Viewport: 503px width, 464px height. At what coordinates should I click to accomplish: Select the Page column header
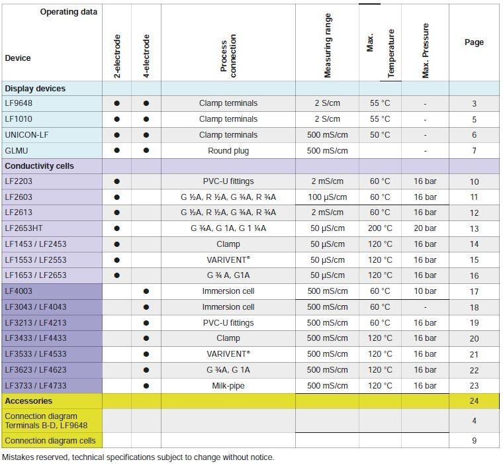tap(474, 42)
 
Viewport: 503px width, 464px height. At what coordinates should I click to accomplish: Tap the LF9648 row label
tap(19, 103)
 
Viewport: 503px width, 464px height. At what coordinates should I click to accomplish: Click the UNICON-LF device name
tap(26, 135)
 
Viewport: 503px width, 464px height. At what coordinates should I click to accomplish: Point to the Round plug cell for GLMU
tap(228, 151)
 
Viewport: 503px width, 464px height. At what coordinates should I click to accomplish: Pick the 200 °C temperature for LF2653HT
tap(380, 228)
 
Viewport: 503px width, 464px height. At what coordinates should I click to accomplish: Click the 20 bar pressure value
tap(425, 228)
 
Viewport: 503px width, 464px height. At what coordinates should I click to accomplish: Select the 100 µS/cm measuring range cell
tap(327, 197)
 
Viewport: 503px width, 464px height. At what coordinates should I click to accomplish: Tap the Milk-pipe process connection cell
tap(228, 386)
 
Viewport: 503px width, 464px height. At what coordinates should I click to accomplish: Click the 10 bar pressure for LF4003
tap(425, 291)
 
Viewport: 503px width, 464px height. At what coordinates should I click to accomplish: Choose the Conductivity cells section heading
tap(39, 166)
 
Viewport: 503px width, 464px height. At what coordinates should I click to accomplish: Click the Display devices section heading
tap(35, 89)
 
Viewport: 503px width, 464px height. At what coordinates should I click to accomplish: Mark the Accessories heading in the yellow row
tap(28, 401)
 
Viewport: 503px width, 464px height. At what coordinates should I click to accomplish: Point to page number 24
tap(474, 401)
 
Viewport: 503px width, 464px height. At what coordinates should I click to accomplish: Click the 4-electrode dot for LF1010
tap(146, 119)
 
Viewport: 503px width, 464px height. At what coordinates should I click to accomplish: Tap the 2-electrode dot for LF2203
tap(117, 181)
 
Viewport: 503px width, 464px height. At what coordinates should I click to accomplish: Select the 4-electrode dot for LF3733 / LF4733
tap(146, 386)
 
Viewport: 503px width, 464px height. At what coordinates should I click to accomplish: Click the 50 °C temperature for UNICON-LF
tap(380, 135)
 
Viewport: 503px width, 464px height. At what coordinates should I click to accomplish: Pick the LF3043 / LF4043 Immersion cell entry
tap(228, 307)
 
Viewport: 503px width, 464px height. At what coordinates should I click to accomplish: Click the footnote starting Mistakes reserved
tap(138, 457)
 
